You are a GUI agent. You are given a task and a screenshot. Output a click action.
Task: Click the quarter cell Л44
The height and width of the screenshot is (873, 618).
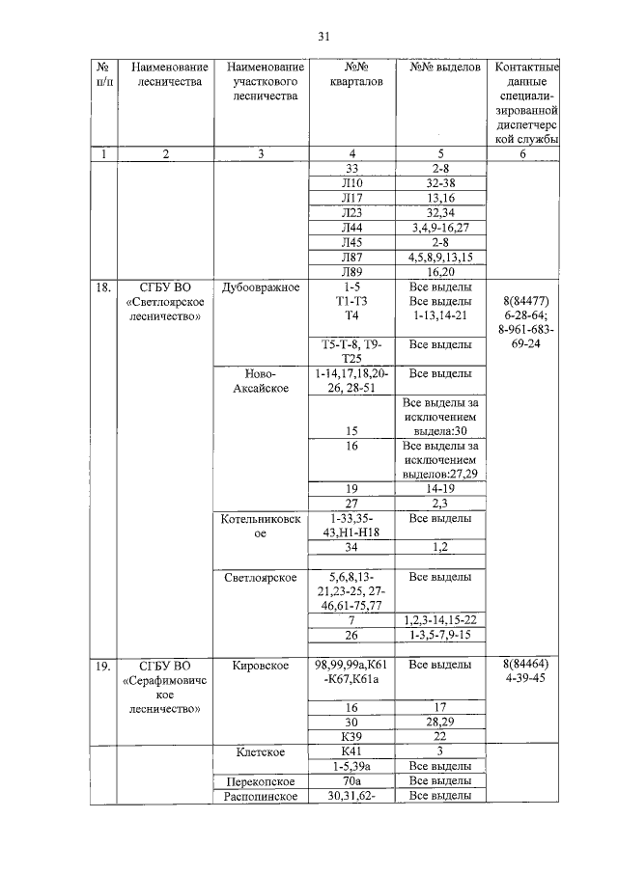coord(351,227)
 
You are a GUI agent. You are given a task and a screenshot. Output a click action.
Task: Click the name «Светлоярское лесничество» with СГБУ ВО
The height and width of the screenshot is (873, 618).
coord(165,302)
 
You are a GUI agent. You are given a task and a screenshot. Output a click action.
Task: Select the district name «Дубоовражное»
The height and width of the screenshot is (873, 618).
coord(261,288)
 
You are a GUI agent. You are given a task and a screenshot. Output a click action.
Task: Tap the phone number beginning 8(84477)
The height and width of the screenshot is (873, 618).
coord(527,321)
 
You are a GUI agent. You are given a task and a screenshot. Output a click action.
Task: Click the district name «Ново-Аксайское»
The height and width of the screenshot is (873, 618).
coord(261,380)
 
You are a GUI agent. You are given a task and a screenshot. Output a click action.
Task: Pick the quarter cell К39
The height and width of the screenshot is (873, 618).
coord(351,735)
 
